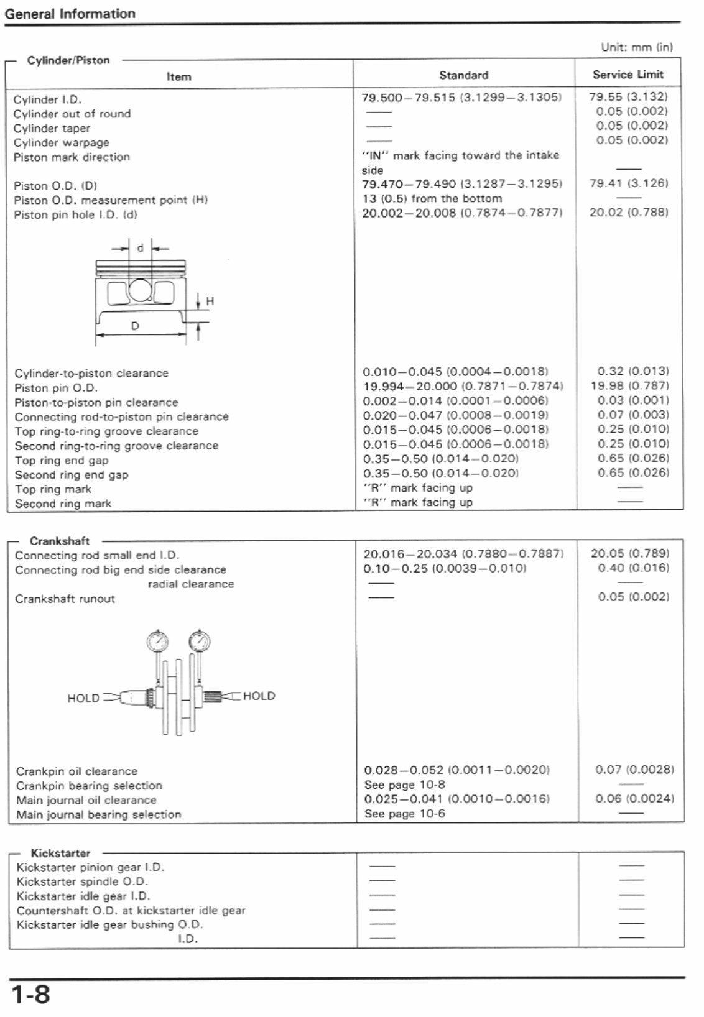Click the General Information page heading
pos(70,14)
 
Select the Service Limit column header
pos(628,75)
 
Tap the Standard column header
pos(463,75)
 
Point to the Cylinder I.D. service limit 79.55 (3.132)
pos(628,97)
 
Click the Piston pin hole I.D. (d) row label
pos(75,215)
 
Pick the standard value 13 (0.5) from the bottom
pos(432,199)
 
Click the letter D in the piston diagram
pos(134,326)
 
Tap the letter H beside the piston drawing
pos(210,301)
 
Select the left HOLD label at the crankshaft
pos(83,698)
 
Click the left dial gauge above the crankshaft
pos(157,640)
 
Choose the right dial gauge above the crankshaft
pos(200,640)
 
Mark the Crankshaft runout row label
pos(65,599)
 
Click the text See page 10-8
pos(404,785)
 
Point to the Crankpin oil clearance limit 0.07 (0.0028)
pos(634,770)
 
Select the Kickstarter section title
pos(60,854)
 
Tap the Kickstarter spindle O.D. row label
pos(81,882)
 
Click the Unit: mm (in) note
pos(637,47)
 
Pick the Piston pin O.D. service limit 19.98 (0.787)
pos(630,386)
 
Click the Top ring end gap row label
pos(62,461)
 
